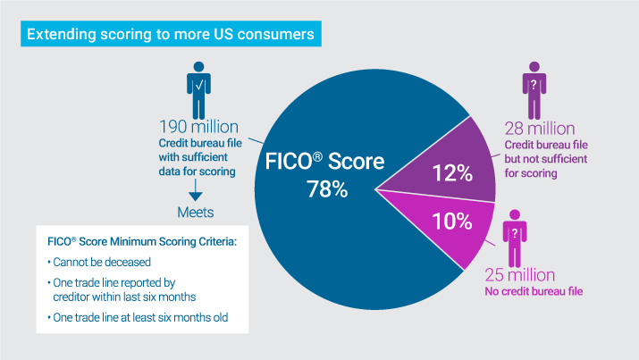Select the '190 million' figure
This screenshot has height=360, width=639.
point(200,126)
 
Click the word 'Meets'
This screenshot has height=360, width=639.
point(196,213)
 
